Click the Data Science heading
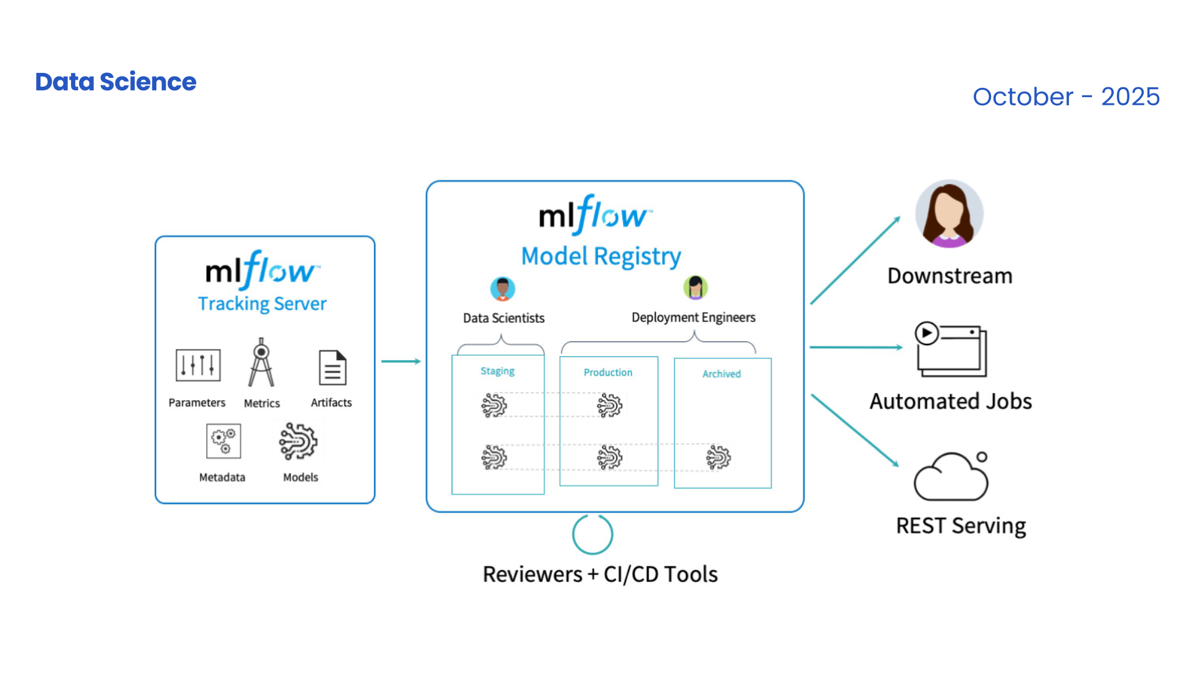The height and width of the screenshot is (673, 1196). [116, 82]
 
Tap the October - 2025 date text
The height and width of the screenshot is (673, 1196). [1066, 97]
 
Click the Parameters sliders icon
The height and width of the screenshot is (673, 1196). [198, 365]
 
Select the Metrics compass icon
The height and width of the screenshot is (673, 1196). [262, 363]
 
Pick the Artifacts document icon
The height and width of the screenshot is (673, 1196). [333, 368]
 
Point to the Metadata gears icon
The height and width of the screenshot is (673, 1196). [223, 441]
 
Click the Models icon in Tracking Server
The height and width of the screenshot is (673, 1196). [298, 441]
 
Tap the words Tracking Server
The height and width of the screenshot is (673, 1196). [262, 303]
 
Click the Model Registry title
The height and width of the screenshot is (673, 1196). [600, 256]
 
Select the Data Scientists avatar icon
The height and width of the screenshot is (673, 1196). [503, 289]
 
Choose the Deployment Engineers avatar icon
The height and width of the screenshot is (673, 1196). [695, 288]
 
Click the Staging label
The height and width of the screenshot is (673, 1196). [497, 371]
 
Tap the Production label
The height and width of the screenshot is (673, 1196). [608, 372]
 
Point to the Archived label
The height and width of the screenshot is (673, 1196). [721, 374]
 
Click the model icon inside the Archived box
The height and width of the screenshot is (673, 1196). [718, 457]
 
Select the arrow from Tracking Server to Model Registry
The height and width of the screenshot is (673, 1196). [401, 361]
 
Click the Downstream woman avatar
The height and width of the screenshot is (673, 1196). [949, 214]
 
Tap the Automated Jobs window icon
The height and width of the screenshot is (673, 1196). [951, 350]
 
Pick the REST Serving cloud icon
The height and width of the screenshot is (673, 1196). [951, 477]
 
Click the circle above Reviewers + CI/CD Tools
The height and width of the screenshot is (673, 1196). [592, 534]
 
